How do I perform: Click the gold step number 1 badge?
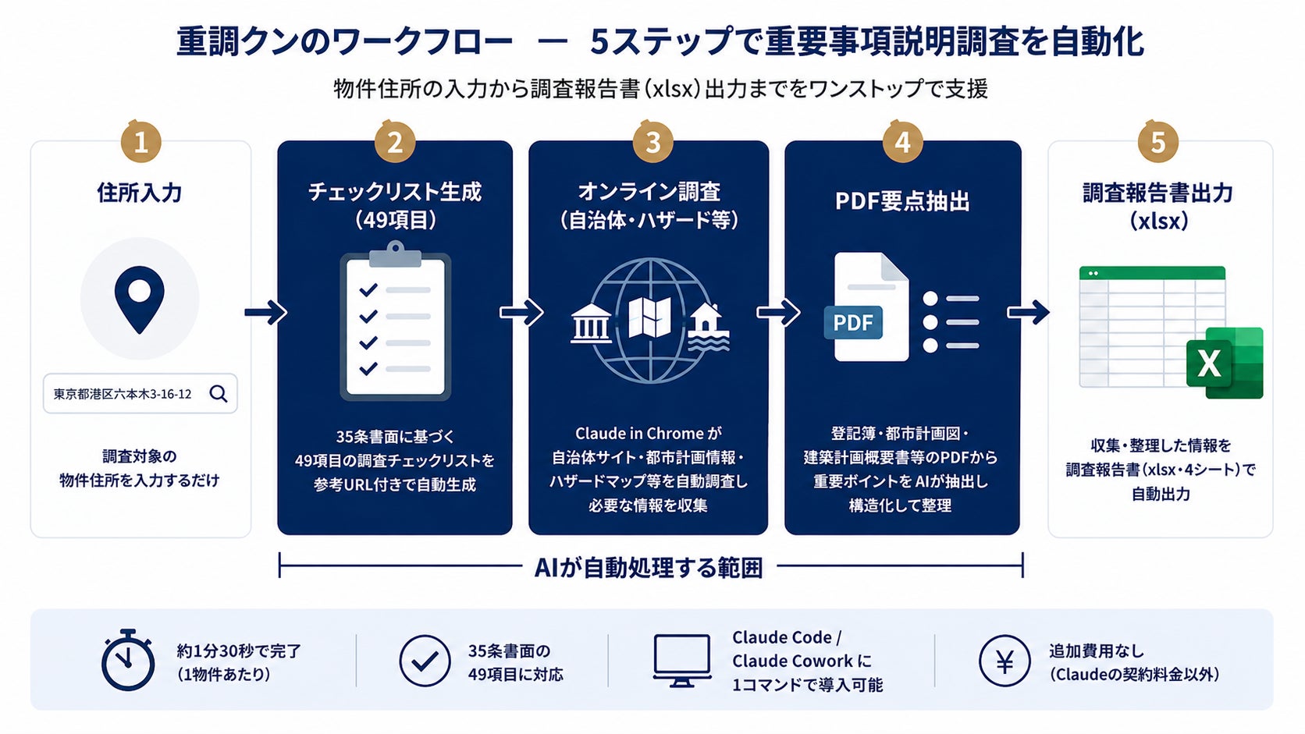[141, 143]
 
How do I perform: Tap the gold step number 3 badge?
[652, 143]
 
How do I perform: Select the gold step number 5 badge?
[1157, 143]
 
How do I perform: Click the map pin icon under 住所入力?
[140, 299]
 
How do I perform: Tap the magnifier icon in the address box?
[219, 394]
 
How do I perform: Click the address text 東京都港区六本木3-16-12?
[123, 395]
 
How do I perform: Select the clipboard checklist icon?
[396, 321]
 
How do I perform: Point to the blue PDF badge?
[853, 323]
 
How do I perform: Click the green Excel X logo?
[1223, 363]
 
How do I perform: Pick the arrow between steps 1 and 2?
[265, 313]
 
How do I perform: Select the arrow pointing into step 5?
[1028, 313]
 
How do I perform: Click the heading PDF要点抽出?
[902, 201]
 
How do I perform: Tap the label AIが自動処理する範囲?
[649, 568]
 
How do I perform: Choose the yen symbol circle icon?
[1005, 661]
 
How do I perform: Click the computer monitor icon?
[681, 660]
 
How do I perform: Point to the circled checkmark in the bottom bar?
[425, 661]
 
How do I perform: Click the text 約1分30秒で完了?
[239, 651]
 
